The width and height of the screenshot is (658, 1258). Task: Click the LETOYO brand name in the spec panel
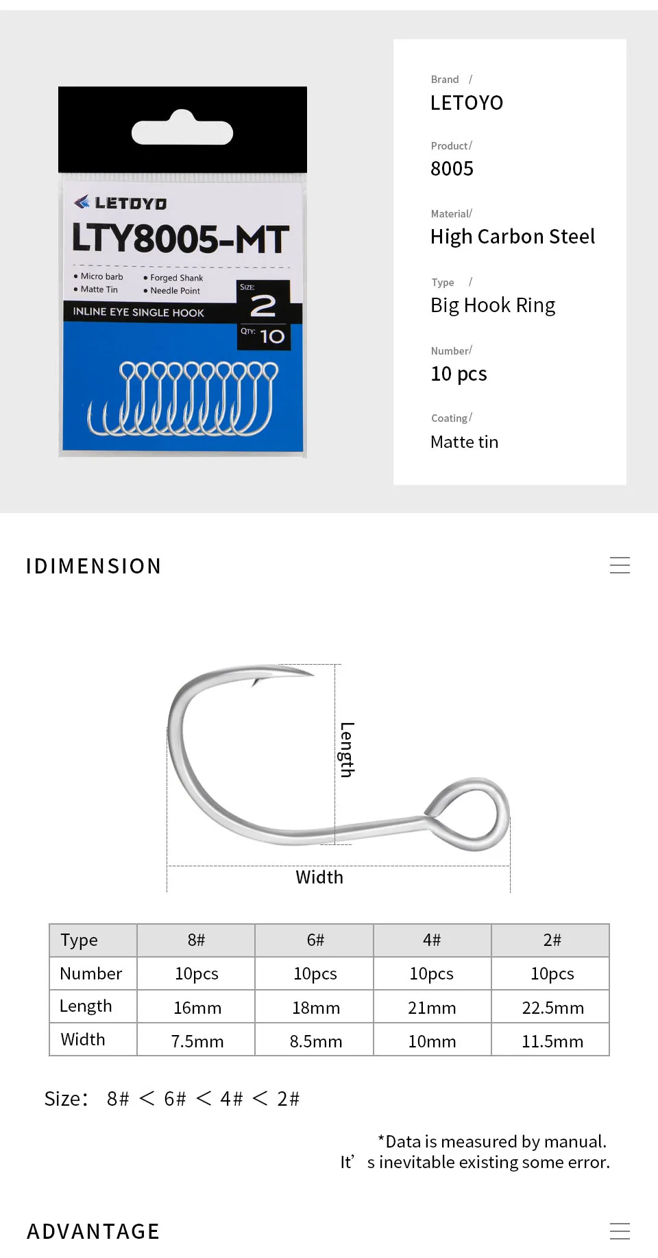[x=467, y=103]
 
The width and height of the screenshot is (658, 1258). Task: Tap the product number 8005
[x=452, y=169]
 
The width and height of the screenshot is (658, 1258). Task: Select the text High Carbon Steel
[x=513, y=237]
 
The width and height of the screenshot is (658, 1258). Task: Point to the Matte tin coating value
[x=464, y=442]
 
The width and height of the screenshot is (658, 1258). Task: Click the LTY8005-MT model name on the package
[x=181, y=239]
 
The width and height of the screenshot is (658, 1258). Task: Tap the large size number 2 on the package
[x=263, y=306]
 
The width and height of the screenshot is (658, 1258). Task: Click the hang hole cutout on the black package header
[x=182, y=129]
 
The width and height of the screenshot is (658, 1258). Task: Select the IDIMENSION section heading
[x=93, y=566]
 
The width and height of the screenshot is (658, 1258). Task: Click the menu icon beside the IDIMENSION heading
[x=620, y=565]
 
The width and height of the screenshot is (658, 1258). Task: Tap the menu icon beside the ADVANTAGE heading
[x=620, y=1231]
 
